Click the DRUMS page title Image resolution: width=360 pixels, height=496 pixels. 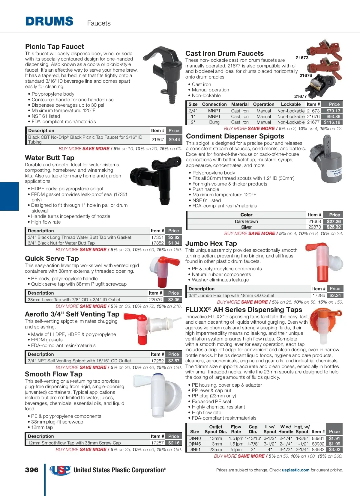tap(49, 22)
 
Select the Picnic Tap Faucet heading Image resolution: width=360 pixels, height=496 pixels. tap(55, 46)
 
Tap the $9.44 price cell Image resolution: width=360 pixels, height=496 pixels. tap(174, 139)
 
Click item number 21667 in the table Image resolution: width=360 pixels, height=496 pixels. tap(157, 139)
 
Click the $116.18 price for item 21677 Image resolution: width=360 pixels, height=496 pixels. tap(332, 122)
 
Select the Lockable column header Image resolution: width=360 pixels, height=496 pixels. tap(291, 104)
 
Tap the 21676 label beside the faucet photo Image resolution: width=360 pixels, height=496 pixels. tap(306, 76)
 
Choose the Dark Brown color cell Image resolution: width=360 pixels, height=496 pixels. tap(246, 221)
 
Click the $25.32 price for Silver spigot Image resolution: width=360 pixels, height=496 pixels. tap(334, 227)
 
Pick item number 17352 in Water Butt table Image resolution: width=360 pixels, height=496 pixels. tap(157, 243)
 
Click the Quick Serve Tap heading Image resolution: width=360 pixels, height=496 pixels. tap(52, 258)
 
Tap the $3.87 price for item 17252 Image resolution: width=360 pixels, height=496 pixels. tap(174, 361)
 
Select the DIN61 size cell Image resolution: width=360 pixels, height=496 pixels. tap(195, 450)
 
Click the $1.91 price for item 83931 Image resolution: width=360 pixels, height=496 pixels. tap(334, 438)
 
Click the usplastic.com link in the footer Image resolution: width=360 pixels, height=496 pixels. tap(295, 470)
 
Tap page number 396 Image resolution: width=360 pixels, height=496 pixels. tap(32, 470)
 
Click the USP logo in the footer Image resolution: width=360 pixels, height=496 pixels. tap(60, 470)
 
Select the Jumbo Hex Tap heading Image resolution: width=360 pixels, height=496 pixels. tap(211, 243)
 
